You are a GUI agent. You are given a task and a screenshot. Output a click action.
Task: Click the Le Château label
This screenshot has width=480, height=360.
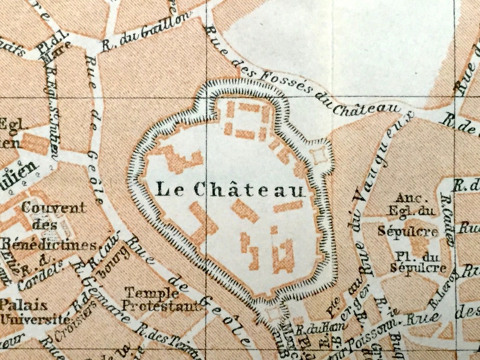[x=230, y=189]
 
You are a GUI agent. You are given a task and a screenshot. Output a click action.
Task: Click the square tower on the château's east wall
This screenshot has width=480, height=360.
[x=319, y=155]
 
